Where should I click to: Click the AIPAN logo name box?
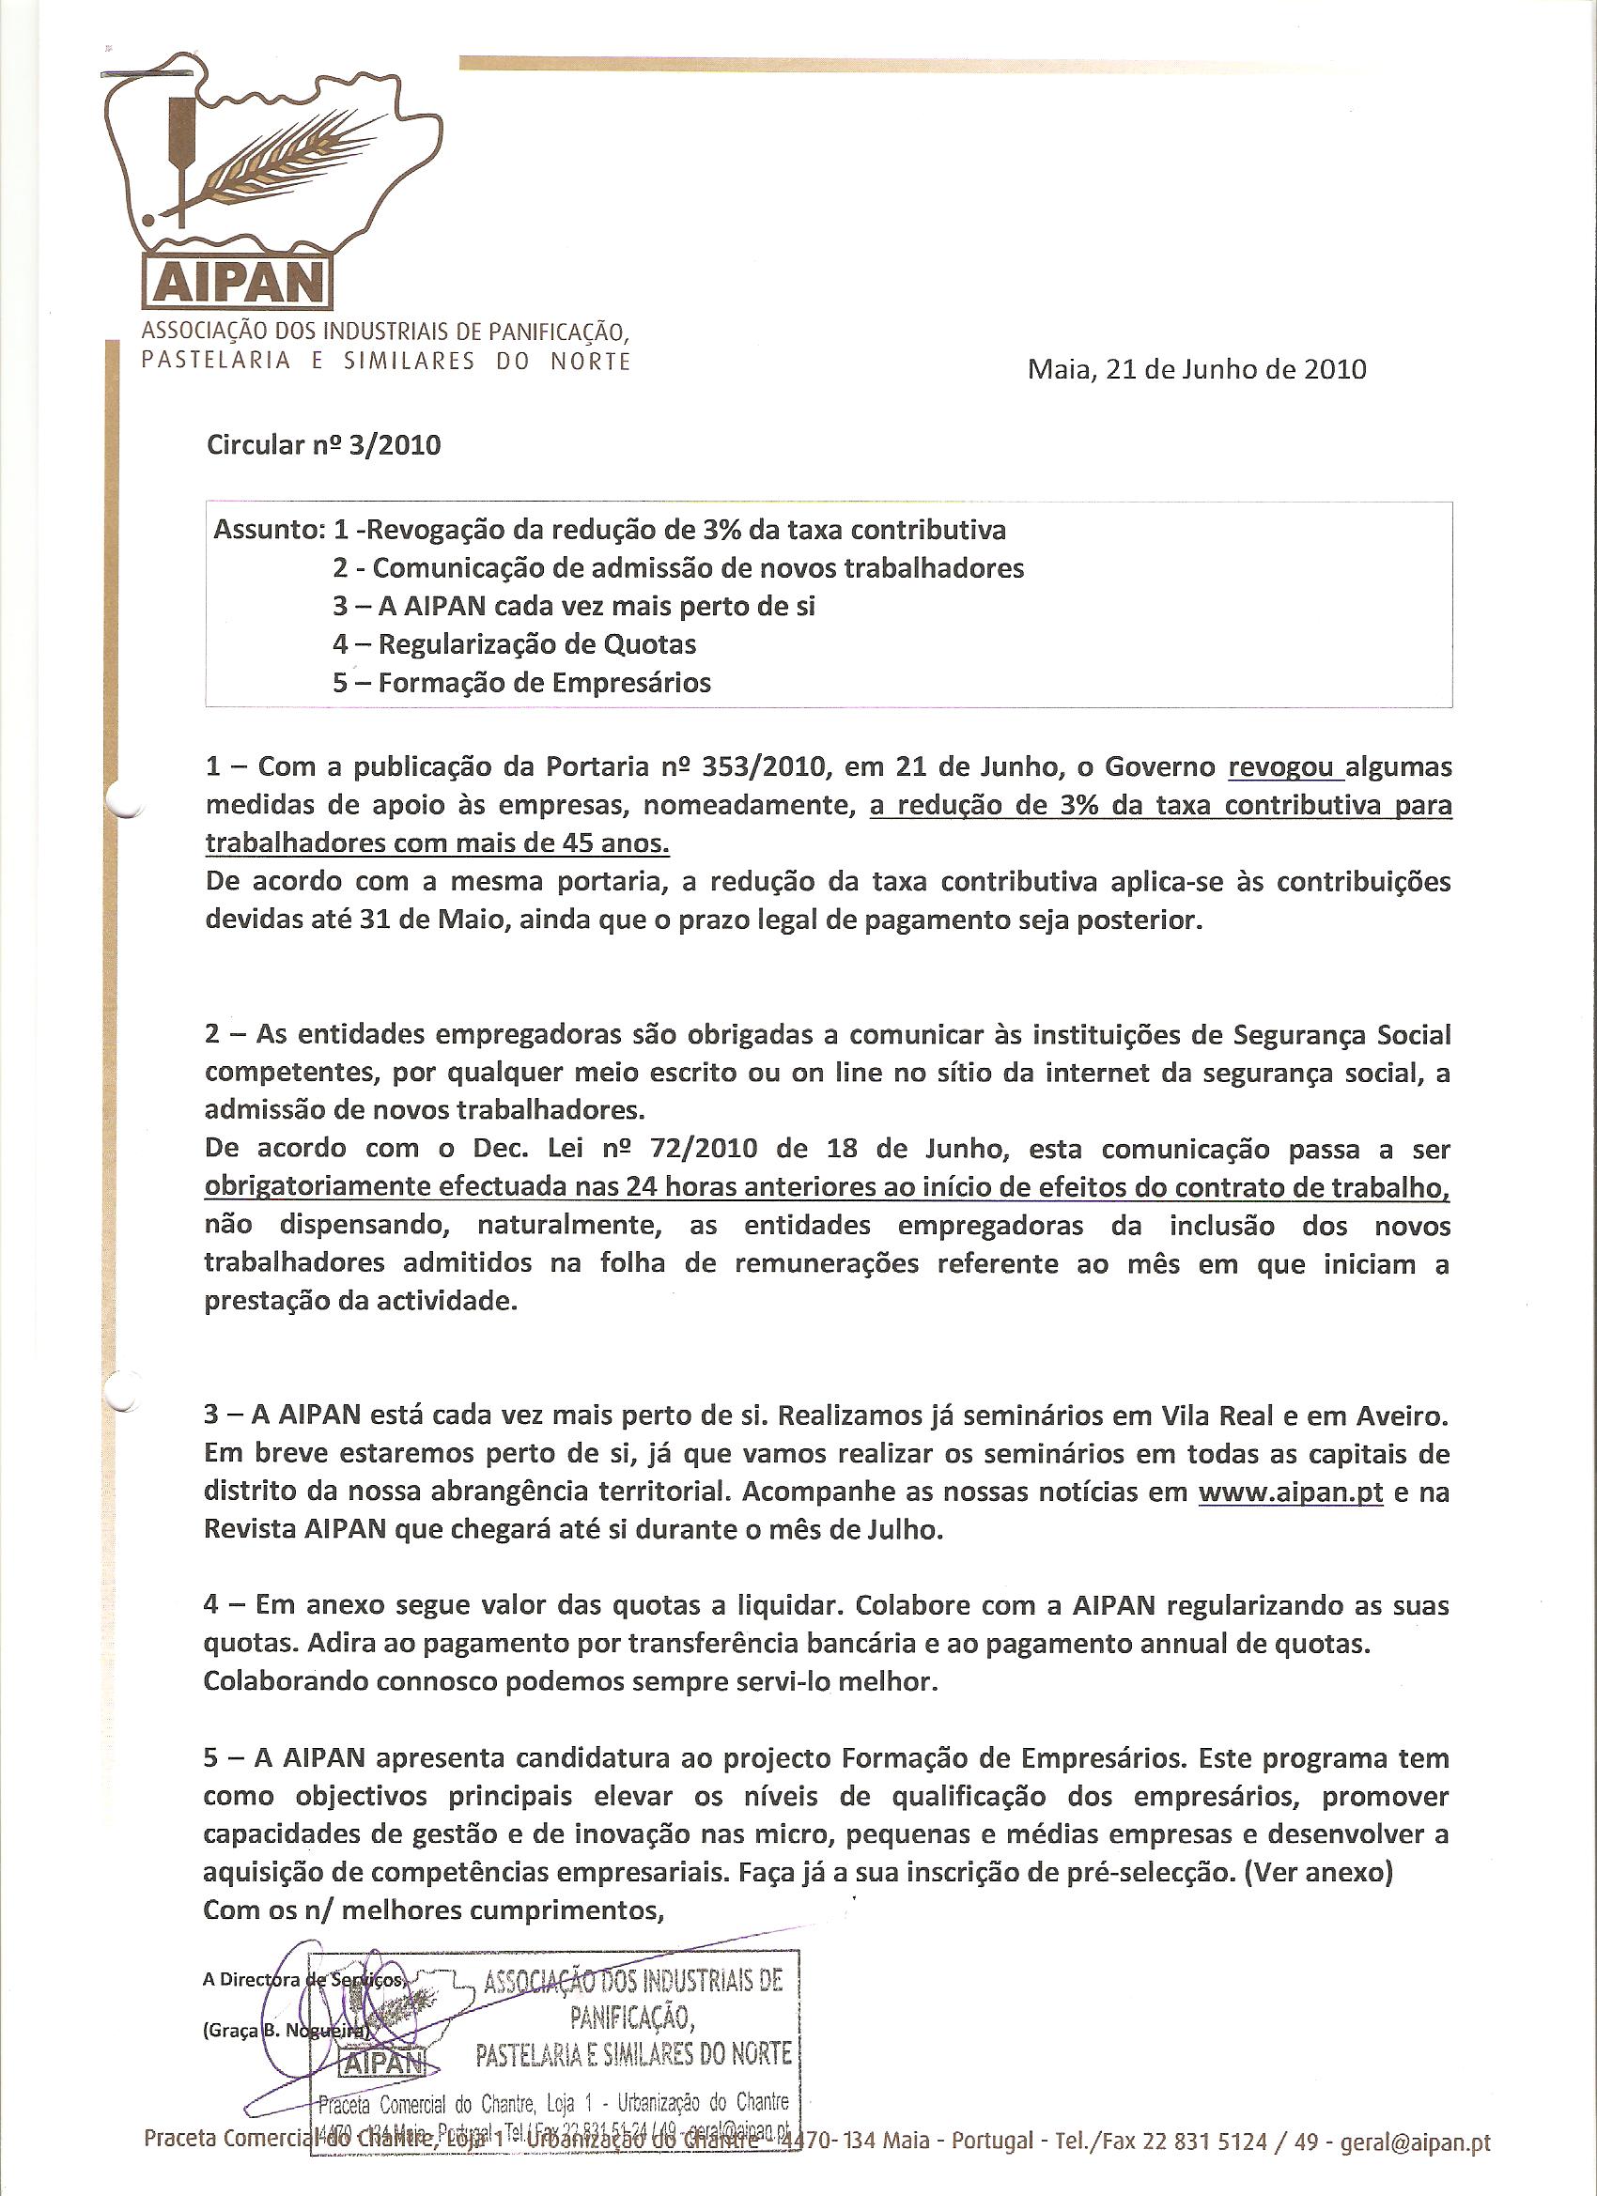(x=236, y=282)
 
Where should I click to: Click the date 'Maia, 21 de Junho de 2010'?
(x=1196, y=369)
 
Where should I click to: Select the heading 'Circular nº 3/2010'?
(x=323, y=444)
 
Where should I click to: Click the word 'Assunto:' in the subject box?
(x=269, y=530)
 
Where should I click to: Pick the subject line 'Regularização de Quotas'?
(x=536, y=644)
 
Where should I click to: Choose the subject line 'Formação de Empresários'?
(x=544, y=683)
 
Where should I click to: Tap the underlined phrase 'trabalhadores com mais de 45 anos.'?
(x=437, y=843)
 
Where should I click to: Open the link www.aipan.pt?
(x=1290, y=1492)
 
